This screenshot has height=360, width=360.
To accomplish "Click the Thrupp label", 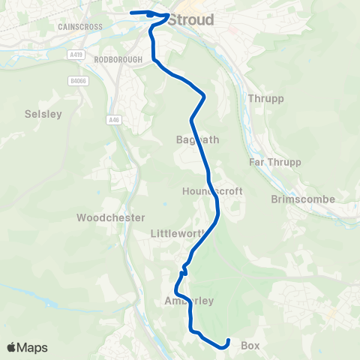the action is click(x=261, y=98).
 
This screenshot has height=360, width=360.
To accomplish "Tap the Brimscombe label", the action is click(x=303, y=199).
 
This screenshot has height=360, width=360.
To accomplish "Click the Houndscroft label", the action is click(x=212, y=191).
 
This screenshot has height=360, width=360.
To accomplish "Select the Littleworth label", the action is click(x=178, y=233).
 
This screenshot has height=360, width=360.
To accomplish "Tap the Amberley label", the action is click(x=189, y=301).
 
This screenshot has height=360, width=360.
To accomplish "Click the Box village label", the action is click(x=250, y=346).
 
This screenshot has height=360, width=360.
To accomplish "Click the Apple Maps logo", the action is click(x=27, y=347).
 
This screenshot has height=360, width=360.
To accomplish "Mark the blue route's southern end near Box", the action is click(x=227, y=342).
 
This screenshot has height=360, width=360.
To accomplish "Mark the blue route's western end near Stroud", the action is click(x=131, y=13).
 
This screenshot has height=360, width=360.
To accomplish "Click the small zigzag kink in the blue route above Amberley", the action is click(x=183, y=272).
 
